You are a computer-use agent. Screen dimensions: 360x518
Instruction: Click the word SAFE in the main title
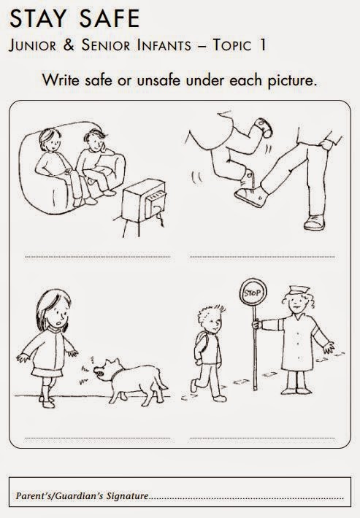click(109, 18)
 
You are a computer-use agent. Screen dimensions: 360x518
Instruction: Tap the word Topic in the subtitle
click(231, 45)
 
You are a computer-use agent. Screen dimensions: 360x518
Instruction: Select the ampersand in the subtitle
click(69, 45)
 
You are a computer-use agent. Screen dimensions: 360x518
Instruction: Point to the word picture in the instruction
click(291, 81)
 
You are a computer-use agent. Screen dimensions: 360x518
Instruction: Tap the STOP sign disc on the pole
click(253, 292)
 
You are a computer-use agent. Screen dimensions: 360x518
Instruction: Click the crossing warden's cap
click(299, 290)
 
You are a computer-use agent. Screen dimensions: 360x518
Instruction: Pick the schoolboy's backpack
click(199, 343)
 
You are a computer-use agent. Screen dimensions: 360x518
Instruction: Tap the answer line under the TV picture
click(98, 257)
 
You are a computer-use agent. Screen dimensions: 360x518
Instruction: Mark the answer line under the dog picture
click(98, 438)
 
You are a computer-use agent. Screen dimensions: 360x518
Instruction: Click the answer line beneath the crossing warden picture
click(262, 438)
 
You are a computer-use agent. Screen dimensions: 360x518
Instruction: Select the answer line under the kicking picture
click(262, 257)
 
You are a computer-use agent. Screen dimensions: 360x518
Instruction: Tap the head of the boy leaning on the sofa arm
click(95, 140)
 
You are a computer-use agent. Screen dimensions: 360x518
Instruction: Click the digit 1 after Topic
click(262, 45)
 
